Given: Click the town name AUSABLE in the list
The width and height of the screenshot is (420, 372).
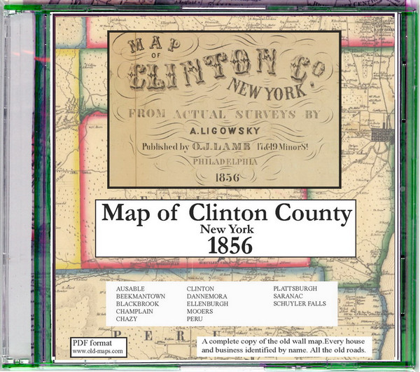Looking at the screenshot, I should click(x=132, y=289).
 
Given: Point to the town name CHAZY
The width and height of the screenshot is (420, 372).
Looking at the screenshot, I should click(x=128, y=319).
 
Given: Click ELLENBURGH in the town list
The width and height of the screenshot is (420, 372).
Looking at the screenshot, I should click(x=208, y=304).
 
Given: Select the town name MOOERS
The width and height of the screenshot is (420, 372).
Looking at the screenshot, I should click(x=200, y=311).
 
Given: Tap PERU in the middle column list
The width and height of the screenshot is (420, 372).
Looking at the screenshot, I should click(x=195, y=319).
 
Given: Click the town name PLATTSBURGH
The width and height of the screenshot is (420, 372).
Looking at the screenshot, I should click(x=295, y=289).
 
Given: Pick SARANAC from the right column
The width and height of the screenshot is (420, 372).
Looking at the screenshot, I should click(x=287, y=296).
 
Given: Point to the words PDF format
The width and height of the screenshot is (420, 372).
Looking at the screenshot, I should click(x=90, y=342).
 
